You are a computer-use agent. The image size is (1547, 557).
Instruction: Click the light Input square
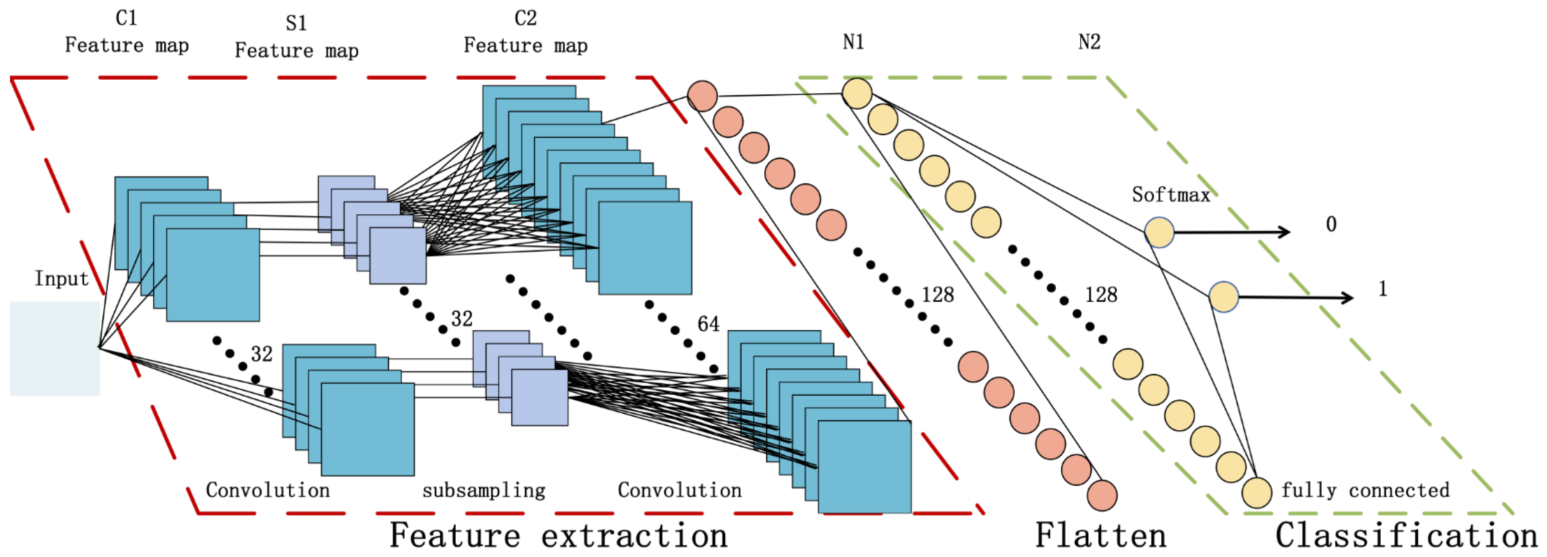[x=55, y=348]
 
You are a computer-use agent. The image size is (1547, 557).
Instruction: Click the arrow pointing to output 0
[x=1231, y=232]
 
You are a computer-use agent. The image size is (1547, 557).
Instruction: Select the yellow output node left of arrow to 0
[x=1158, y=232]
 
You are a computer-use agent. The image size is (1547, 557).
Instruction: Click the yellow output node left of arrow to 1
[x=1223, y=297]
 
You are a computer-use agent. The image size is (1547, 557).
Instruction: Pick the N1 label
[x=853, y=42]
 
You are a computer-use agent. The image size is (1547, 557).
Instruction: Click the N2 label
[x=1089, y=42]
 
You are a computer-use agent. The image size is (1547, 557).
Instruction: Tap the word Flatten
[x=1100, y=535]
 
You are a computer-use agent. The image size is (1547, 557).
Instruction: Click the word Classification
[x=1406, y=535]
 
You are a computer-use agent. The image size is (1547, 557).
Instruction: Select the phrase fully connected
[x=1365, y=490]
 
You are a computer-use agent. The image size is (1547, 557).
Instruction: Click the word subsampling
[x=483, y=490]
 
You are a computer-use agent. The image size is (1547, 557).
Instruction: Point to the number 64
[x=708, y=324]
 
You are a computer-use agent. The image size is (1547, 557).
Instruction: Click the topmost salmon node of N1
[x=702, y=96]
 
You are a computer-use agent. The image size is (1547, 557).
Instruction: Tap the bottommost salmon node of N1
[x=1102, y=495]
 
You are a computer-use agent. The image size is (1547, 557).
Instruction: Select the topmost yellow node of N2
[x=857, y=94]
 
